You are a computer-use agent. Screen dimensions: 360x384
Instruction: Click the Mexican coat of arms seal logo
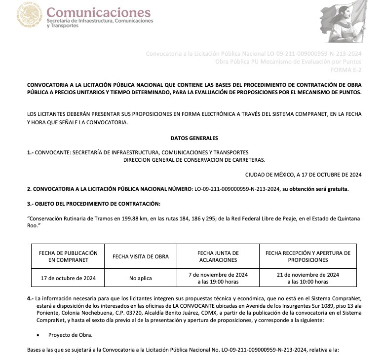[30, 15]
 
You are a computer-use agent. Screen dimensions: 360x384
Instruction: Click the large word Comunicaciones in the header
[98, 12]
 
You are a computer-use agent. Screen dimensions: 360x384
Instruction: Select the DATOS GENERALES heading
[194, 138]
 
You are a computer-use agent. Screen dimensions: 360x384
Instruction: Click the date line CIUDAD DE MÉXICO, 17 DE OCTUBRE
[303, 174]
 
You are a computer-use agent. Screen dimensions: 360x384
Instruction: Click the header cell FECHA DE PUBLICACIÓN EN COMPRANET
[68, 256]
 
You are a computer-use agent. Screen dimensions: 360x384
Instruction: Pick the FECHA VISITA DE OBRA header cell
[141, 256]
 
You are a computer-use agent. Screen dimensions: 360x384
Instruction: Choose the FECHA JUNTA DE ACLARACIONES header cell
[218, 256]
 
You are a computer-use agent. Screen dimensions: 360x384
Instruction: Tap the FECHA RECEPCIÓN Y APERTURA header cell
[307, 256]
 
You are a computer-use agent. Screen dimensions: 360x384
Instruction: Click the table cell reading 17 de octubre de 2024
[68, 278]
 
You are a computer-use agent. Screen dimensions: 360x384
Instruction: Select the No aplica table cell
[141, 278]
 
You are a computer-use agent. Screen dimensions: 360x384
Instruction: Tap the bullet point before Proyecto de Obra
[38, 335]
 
